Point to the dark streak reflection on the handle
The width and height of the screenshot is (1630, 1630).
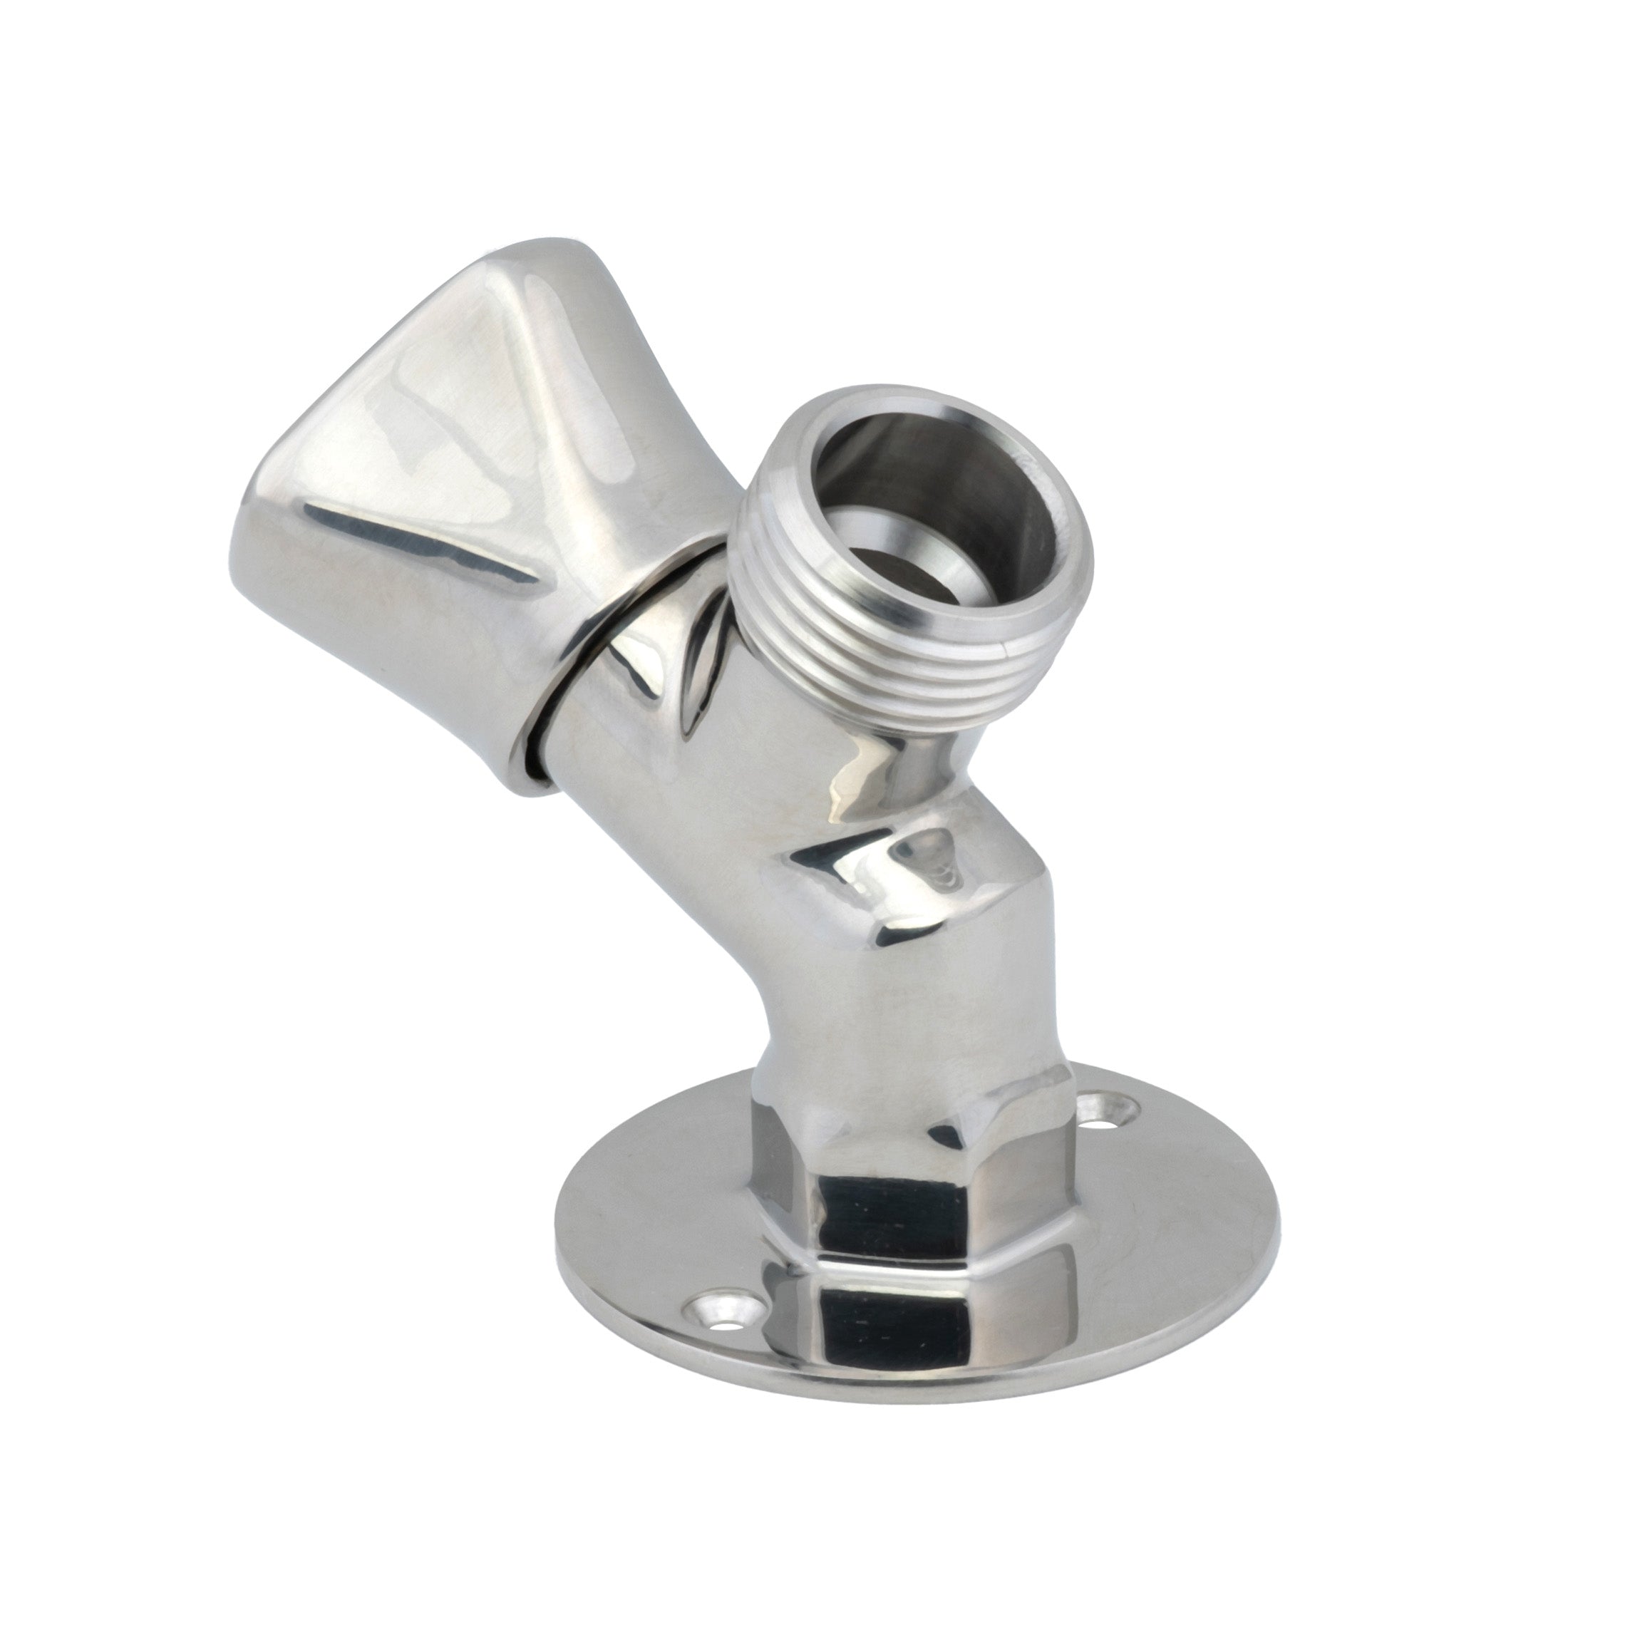tap(422, 540)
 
